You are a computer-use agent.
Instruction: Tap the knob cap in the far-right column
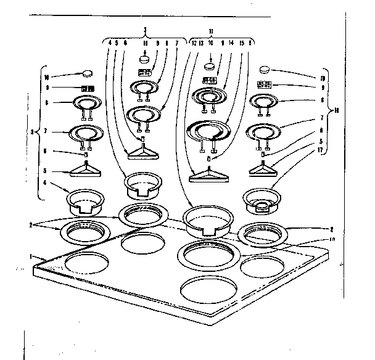[265, 70]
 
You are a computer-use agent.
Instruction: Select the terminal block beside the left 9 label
[87, 89]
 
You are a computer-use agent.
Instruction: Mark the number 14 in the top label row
[231, 43]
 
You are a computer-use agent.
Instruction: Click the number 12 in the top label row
[193, 43]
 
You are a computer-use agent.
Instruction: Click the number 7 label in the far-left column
[46, 131]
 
